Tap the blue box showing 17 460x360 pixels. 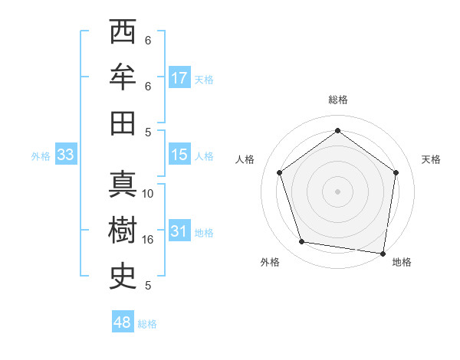179,78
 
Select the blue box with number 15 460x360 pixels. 179,155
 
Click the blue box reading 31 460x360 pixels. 179,231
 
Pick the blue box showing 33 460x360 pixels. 66,155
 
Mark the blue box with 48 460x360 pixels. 123,322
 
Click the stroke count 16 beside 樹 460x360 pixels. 148,240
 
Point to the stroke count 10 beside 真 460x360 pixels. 148,194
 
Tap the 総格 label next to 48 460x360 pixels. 147,324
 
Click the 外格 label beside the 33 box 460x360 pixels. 41,156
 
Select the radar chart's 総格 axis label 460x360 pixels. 337,100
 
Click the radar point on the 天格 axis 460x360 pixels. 396,172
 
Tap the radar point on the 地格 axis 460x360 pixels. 383,253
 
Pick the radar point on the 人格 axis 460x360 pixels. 279,172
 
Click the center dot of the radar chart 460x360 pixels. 337,191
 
